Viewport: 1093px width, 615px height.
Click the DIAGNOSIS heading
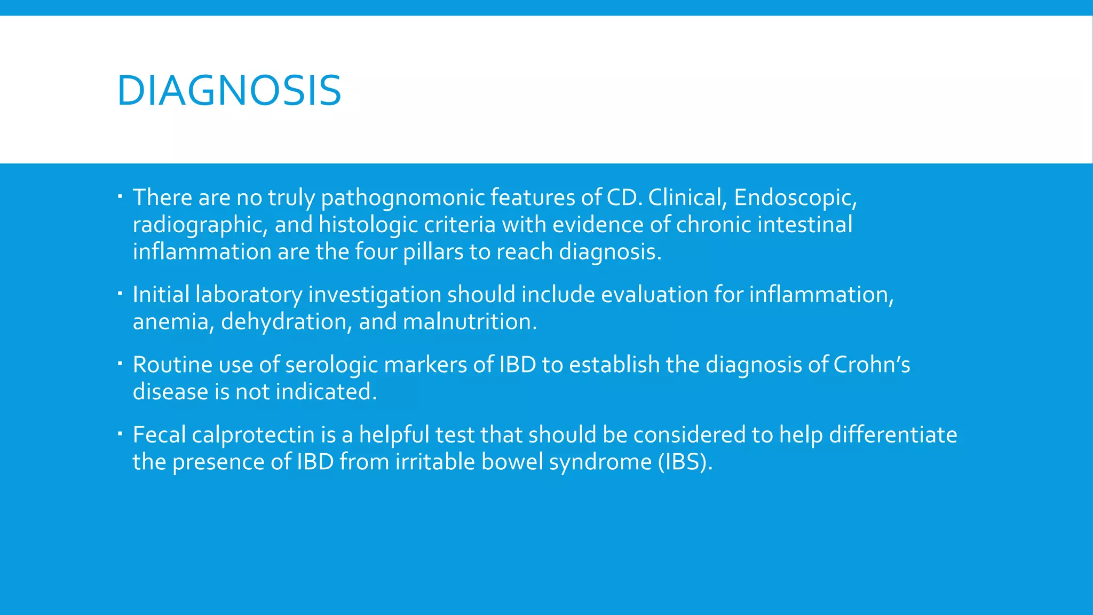[x=229, y=91]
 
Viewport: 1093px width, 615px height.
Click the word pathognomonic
[x=403, y=198]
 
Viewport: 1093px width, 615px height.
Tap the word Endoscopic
[x=795, y=198]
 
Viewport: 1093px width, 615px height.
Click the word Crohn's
[x=872, y=365]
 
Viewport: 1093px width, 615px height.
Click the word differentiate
[x=893, y=435]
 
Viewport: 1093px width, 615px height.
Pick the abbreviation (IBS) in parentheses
[x=685, y=462]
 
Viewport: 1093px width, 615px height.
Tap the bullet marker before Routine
[x=120, y=363]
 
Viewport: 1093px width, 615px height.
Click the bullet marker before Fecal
[x=120, y=433]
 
